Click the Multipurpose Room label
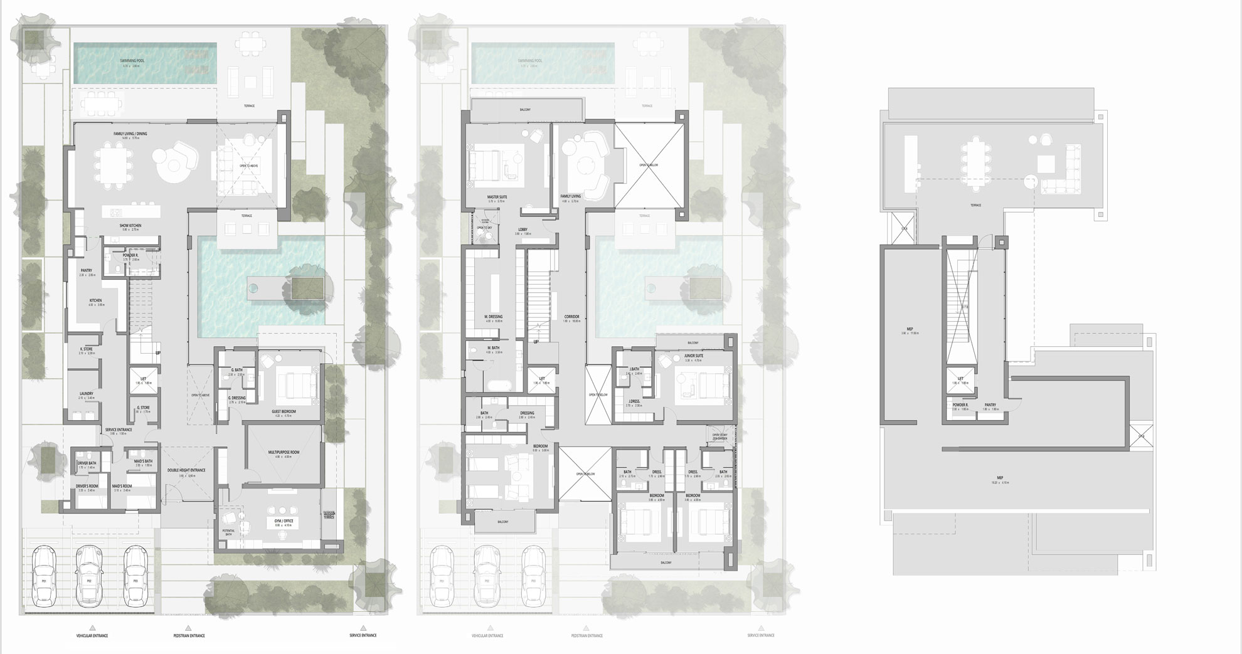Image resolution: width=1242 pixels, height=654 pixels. click(x=284, y=452)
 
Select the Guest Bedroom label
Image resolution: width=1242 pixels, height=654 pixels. click(x=284, y=411)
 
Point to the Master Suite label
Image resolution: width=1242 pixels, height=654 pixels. click(x=497, y=197)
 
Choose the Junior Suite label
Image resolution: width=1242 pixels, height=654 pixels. click(x=694, y=356)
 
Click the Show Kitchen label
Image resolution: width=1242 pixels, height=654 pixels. click(x=130, y=225)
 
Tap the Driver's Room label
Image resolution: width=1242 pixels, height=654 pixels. click(x=86, y=487)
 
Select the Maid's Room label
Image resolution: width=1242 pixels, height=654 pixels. click(x=122, y=487)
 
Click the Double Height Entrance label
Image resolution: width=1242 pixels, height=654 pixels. click(x=187, y=470)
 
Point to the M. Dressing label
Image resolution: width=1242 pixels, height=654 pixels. click(x=493, y=317)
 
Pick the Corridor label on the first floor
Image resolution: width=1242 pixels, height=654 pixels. click(x=571, y=317)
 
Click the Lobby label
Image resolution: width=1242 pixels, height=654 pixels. click(x=523, y=229)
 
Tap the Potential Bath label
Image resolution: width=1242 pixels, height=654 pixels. click(x=228, y=530)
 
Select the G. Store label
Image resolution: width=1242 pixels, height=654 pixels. click(x=143, y=408)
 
